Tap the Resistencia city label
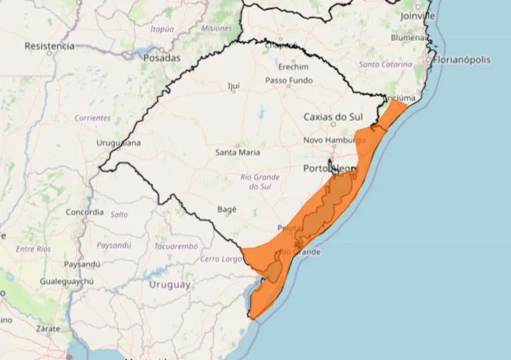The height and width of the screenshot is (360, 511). coord(49,46)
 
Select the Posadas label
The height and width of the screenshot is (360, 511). coord(161,58)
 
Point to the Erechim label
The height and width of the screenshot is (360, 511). coord(293,67)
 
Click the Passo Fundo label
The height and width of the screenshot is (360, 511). coord(289,81)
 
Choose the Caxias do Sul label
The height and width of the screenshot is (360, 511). coord(334,116)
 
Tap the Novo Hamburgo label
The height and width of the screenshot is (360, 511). coord(335,140)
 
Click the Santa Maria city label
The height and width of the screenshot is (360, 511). coord(238,152)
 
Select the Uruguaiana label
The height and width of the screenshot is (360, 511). coord(118,142)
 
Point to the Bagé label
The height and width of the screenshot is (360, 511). coord(227,209)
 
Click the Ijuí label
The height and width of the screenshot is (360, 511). coord(234,87)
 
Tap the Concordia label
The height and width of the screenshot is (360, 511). coord(85,212)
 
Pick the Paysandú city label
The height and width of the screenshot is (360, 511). coord(81,264)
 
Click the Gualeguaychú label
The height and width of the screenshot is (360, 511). coord(65,281)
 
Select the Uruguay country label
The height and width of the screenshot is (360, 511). coord(170,285)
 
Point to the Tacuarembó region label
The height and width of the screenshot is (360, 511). coord(176,246)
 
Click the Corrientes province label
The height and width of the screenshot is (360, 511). coord(92,118)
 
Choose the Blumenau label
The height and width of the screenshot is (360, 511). coord(409,38)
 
